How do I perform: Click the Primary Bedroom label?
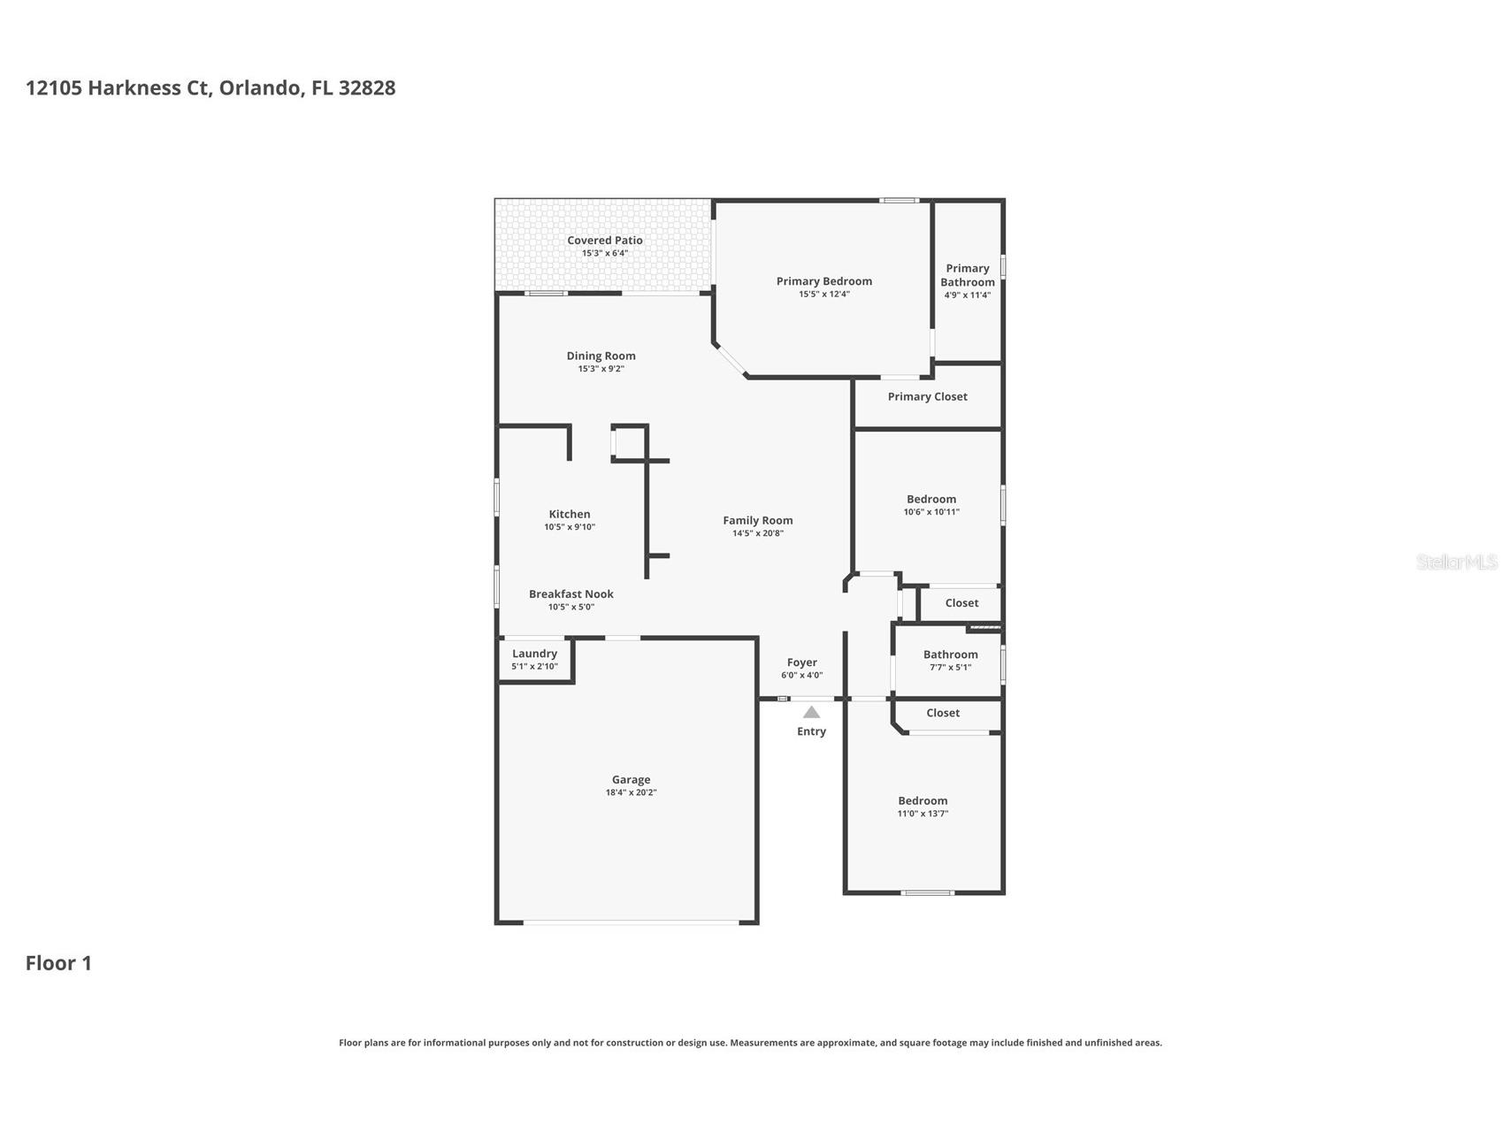(x=823, y=281)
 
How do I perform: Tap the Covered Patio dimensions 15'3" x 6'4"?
(x=605, y=254)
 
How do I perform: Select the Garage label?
(x=631, y=780)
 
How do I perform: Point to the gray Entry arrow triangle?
(x=811, y=712)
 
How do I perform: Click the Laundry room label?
(x=534, y=654)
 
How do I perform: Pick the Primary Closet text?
(x=927, y=397)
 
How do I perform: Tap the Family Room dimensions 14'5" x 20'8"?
(x=758, y=533)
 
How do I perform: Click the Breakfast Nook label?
(x=571, y=594)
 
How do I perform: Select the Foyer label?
(x=802, y=662)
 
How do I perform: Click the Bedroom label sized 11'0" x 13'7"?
(x=923, y=801)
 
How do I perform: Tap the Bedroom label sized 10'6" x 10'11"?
(x=931, y=500)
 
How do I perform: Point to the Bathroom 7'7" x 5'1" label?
(x=950, y=655)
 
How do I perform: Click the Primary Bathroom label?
(x=968, y=275)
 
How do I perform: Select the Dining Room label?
(x=601, y=356)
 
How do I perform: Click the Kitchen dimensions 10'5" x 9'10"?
(x=570, y=527)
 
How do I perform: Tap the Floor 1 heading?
(x=58, y=963)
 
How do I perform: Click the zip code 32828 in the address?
(x=367, y=88)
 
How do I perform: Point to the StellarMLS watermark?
(x=1457, y=562)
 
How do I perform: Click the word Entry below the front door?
(x=811, y=731)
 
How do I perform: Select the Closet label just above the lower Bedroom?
(x=943, y=713)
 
